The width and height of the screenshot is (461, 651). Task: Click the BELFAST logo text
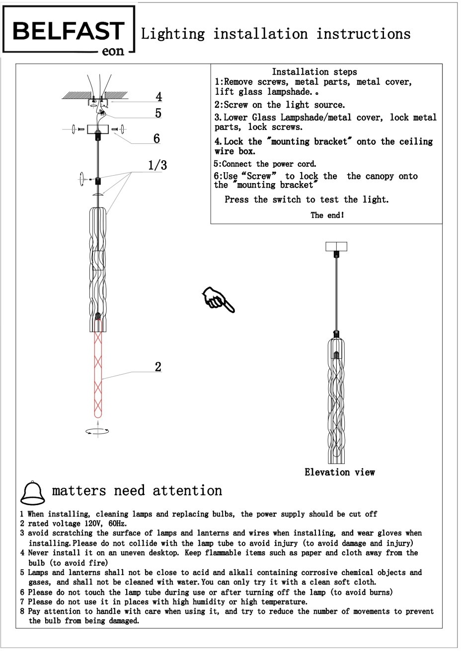click(68, 31)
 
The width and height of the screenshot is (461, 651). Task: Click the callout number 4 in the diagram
click(158, 96)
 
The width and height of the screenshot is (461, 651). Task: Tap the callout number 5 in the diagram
click(158, 113)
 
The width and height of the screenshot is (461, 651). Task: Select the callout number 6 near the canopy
click(156, 138)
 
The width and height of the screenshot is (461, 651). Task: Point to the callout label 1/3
click(157, 165)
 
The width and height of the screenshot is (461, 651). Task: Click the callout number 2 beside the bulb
click(158, 367)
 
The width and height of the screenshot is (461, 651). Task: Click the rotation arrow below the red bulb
click(97, 431)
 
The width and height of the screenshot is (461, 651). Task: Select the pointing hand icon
click(218, 299)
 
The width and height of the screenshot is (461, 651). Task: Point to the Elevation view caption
click(340, 472)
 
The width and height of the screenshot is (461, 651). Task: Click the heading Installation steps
click(314, 72)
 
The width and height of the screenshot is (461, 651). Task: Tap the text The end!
click(327, 215)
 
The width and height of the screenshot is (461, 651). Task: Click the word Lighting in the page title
click(173, 34)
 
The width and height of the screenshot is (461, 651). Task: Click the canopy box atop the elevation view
click(336, 246)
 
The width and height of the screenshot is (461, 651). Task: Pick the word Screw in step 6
click(259, 176)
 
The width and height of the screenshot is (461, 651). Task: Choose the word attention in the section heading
click(187, 491)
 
